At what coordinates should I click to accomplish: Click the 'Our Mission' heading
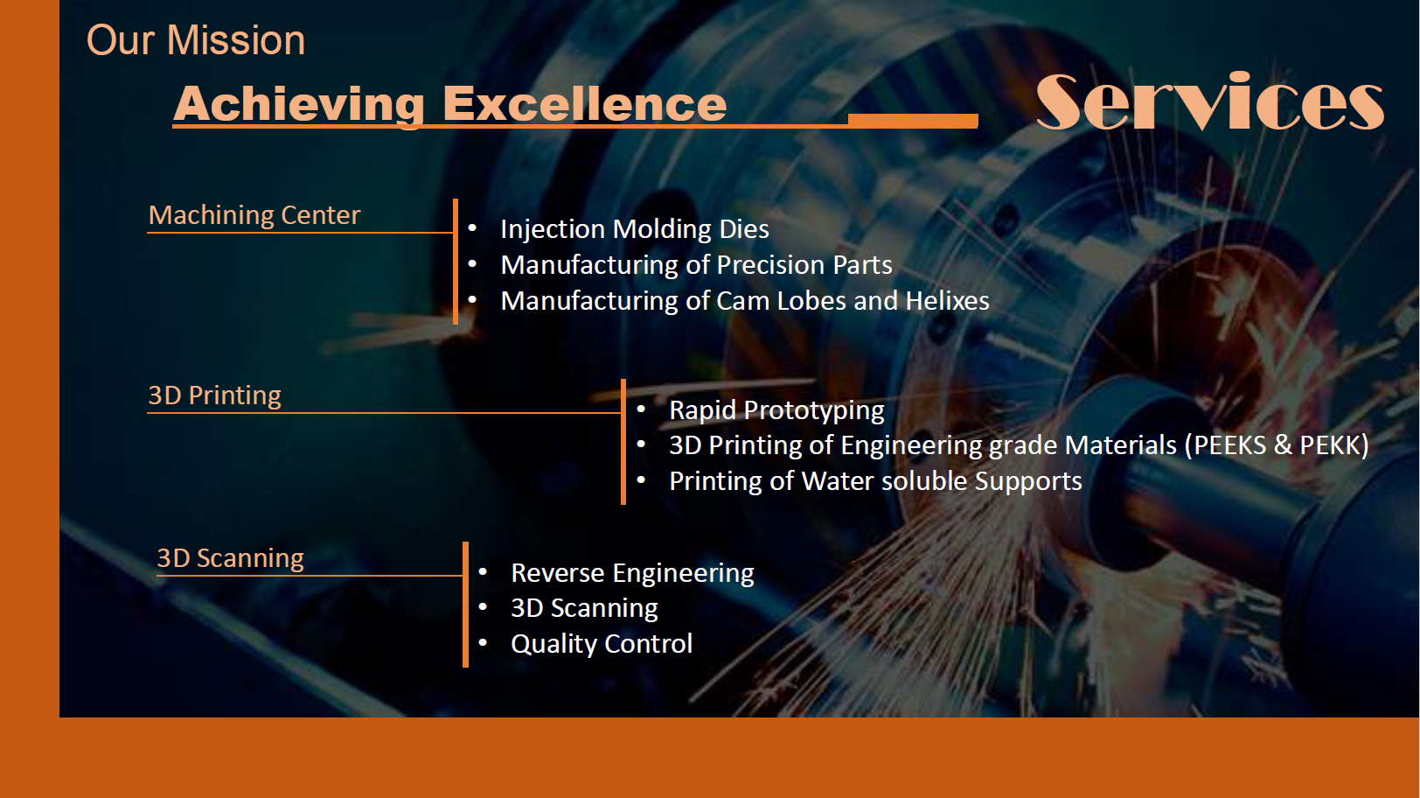(x=196, y=40)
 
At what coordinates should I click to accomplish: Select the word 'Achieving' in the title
(x=298, y=105)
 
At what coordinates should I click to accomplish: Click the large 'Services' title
(x=1209, y=101)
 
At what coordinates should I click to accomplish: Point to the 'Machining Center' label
(x=254, y=215)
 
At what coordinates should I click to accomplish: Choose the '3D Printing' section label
(x=215, y=395)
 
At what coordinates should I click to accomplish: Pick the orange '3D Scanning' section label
(x=231, y=558)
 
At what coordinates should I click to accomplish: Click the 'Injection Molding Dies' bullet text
(x=635, y=229)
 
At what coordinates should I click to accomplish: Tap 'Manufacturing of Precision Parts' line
(x=696, y=265)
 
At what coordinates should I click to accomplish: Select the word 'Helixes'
(x=947, y=301)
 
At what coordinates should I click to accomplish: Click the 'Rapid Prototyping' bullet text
(x=776, y=410)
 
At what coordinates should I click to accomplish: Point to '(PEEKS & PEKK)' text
(x=1277, y=445)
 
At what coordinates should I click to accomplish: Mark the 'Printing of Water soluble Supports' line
(x=875, y=481)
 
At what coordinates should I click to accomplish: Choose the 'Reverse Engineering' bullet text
(x=633, y=573)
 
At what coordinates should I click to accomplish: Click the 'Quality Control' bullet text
(x=602, y=644)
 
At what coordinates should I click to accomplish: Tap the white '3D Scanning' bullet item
(x=584, y=608)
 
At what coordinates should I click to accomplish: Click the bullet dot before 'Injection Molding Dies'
(x=472, y=227)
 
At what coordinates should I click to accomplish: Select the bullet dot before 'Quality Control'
(x=483, y=642)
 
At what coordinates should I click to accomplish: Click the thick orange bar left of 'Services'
(x=913, y=121)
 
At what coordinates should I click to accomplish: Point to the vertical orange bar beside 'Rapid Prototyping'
(x=623, y=442)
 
